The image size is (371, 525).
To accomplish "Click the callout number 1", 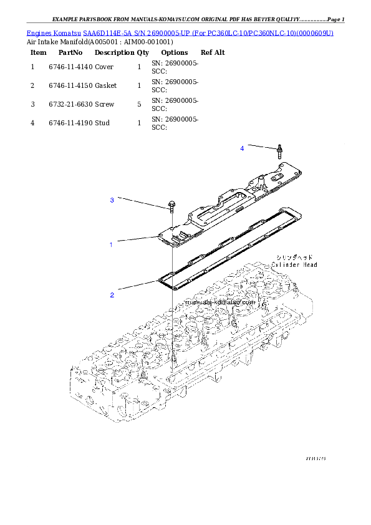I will point(111,245).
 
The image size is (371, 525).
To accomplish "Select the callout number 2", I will point(112,295).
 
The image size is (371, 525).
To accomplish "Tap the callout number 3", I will point(112,200).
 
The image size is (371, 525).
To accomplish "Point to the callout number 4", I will point(242,148).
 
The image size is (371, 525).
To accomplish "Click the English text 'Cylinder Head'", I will point(294,265).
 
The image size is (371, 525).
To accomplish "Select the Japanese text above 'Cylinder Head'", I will point(294,257).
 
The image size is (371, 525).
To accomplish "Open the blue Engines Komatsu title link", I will point(180,32).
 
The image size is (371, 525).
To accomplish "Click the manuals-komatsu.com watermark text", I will point(220,302).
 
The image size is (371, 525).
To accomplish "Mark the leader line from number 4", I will point(260,147).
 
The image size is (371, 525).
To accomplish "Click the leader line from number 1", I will point(137,239).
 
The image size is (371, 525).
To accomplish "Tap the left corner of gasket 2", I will point(161,282).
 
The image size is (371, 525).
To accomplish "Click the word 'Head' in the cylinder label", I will point(309,265).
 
